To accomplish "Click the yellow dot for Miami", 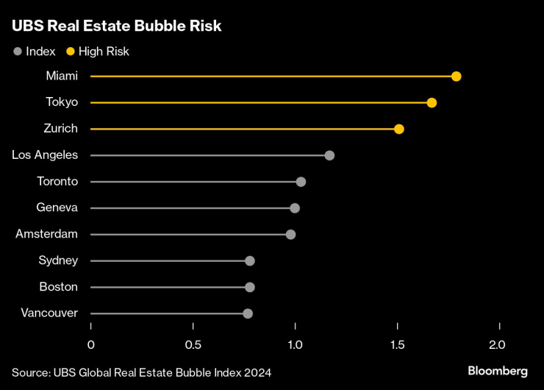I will click(457, 77).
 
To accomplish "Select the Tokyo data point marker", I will click(432, 102).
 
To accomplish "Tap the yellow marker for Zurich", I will click(399, 129).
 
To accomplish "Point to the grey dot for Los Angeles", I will click(329, 155).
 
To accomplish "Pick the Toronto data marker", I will click(301, 182).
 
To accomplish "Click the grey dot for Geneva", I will click(295, 208).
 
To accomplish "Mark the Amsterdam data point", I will click(291, 234).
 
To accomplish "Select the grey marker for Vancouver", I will click(248, 313).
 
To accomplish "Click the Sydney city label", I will click(58, 260).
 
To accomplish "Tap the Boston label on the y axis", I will click(59, 287).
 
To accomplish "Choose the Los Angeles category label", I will click(45, 155).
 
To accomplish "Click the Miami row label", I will click(62, 76).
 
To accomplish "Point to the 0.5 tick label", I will click(193, 345).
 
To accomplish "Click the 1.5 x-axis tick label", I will click(397, 345).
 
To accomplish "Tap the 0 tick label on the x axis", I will click(91, 345).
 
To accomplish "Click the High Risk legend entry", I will click(98, 52).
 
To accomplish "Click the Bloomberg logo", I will click(498, 371).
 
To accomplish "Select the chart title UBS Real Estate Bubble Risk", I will click(117, 26).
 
